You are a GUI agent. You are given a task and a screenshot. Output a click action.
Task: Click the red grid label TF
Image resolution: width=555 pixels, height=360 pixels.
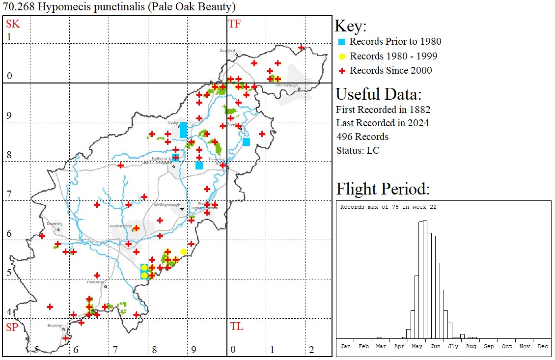coord(234,24)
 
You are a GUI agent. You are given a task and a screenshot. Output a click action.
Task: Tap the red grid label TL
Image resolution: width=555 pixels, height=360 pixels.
coord(236,327)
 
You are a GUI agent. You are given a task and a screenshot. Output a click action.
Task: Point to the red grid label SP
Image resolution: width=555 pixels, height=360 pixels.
coord(12,327)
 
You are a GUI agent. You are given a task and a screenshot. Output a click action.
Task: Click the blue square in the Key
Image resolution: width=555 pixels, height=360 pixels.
coord(342,42)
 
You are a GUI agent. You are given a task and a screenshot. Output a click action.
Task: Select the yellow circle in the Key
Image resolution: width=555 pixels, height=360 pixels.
coord(342,56)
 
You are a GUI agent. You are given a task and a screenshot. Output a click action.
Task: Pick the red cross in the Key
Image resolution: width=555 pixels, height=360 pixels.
coord(342,71)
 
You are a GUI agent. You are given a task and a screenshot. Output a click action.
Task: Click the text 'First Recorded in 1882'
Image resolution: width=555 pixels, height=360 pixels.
coord(383,109)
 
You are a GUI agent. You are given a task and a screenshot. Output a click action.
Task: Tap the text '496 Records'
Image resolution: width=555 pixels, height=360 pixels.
coord(362,137)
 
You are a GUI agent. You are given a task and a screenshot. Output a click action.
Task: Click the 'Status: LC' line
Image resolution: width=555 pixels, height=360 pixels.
coord(358,150)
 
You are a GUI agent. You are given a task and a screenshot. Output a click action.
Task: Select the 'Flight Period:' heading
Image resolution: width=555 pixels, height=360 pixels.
coord(383,189)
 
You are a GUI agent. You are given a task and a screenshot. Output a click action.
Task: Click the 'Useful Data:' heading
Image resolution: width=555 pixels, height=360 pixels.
coord(378,94)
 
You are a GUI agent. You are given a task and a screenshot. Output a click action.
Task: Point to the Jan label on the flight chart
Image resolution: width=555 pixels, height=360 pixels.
coord(346,346)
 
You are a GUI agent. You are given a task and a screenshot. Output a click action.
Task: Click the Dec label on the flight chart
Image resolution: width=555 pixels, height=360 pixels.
coord(543,346)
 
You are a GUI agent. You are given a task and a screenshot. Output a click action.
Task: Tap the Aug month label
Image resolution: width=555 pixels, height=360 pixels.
coord(471,346)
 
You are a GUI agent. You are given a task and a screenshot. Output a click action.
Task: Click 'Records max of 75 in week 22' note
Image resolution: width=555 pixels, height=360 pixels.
coord(388,207)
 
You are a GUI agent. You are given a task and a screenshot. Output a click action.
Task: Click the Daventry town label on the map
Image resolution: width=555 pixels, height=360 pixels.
coord(54,223)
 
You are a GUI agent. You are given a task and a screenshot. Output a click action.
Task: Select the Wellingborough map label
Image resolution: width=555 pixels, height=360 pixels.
coord(167,205)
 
